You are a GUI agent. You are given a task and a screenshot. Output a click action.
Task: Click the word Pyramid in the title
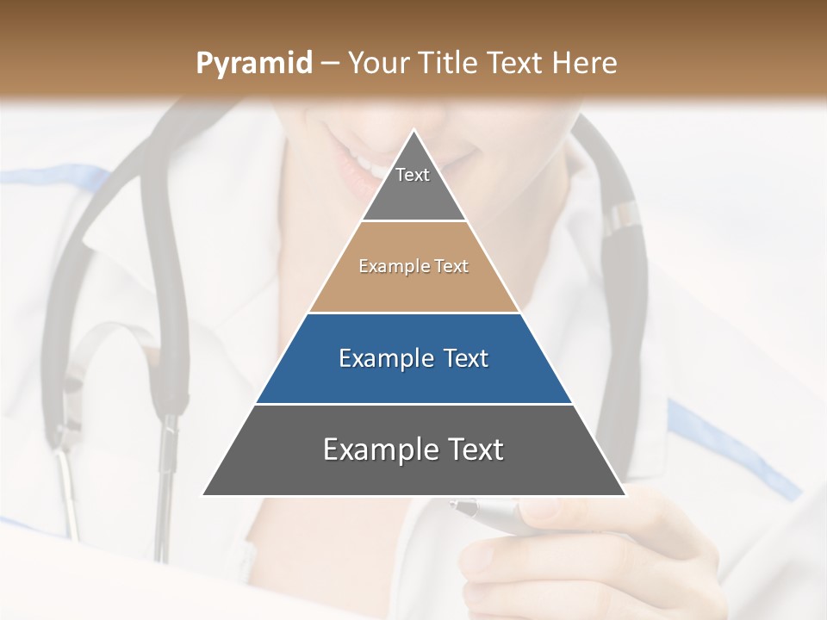pyautogui.click(x=253, y=64)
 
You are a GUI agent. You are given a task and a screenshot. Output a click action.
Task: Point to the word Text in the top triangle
pyautogui.click(x=413, y=175)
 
